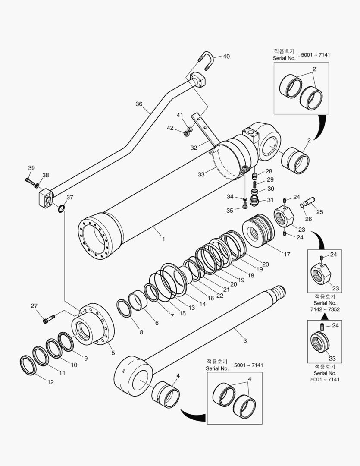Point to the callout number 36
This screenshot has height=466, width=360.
[139, 104]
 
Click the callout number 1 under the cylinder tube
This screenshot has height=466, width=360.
[163, 239]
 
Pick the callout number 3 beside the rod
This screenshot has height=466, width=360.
[245, 341]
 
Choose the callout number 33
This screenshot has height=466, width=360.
[200, 174]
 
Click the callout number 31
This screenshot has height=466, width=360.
[270, 200]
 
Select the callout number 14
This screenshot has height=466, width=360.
[202, 304]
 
